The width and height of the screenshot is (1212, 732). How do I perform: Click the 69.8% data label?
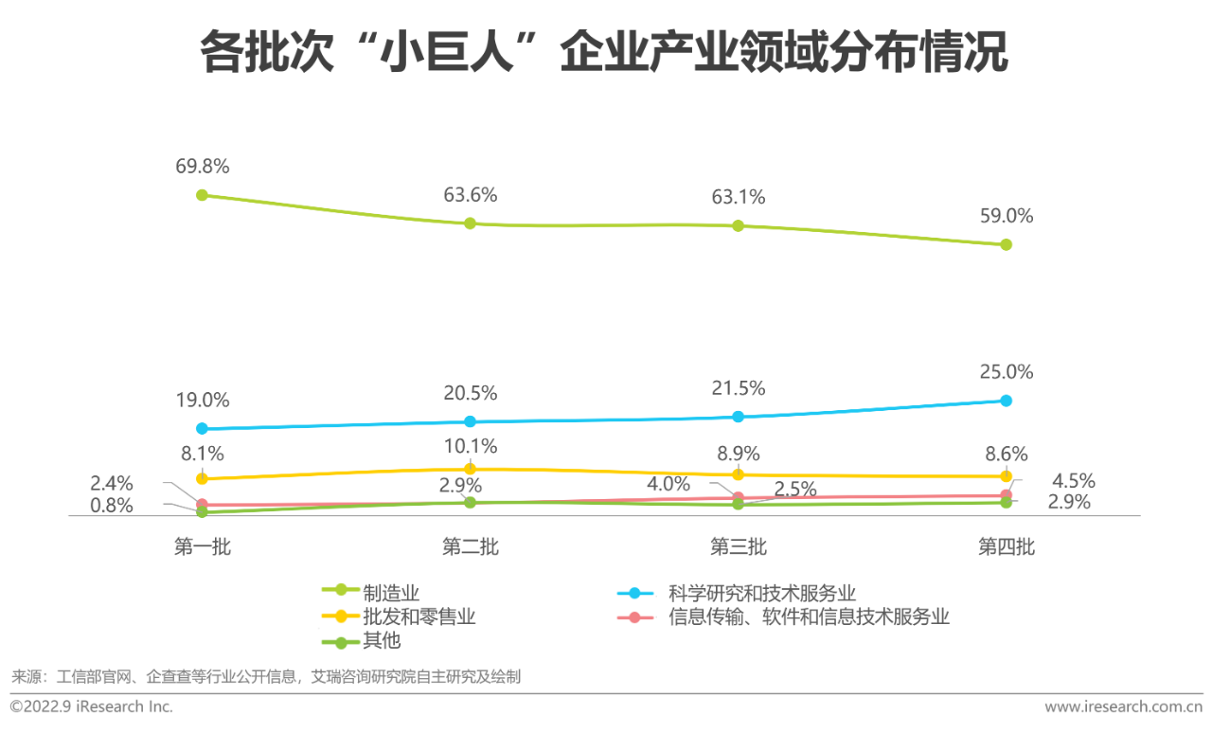point(203,167)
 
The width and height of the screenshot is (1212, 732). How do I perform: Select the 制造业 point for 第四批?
point(1006,244)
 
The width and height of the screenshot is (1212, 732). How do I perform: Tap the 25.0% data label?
point(1006,372)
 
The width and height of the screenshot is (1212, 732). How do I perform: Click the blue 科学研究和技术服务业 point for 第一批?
point(202,428)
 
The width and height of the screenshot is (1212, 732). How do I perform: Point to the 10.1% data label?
point(470,446)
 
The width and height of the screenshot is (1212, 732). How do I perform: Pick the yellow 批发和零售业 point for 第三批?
point(738,474)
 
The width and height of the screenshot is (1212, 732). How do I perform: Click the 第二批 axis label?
point(470,546)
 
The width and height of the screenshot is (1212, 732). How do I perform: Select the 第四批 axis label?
point(1006,546)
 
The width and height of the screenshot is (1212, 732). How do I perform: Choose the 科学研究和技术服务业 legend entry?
point(761,594)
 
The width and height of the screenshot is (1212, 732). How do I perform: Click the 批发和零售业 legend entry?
point(419,617)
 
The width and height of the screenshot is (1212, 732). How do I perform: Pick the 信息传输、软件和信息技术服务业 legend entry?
point(808,617)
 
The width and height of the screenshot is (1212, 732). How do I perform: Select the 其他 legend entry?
point(382,641)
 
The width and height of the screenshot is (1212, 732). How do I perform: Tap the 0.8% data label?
point(112,506)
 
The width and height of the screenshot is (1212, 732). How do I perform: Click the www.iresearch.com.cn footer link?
point(1123,706)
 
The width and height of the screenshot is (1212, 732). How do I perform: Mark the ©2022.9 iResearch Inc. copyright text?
point(92,706)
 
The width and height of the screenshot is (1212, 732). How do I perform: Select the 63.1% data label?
point(738,198)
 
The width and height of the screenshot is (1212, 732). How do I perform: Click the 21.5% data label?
point(738,388)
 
